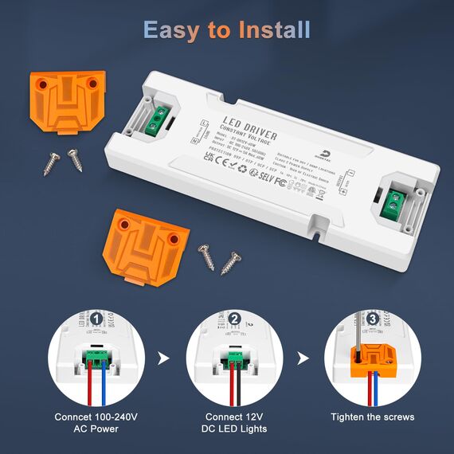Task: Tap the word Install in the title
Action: click(x=272, y=30)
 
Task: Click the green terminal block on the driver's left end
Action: click(x=159, y=119)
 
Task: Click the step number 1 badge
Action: click(x=96, y=319)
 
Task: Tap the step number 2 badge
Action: click(x=234, y=319)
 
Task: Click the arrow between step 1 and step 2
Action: click(x=164, y=358)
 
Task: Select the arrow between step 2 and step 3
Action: click(x=303, y=358)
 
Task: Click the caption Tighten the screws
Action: click(x=373, y=417)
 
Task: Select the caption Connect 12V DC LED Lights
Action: click(x=234, y=423)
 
